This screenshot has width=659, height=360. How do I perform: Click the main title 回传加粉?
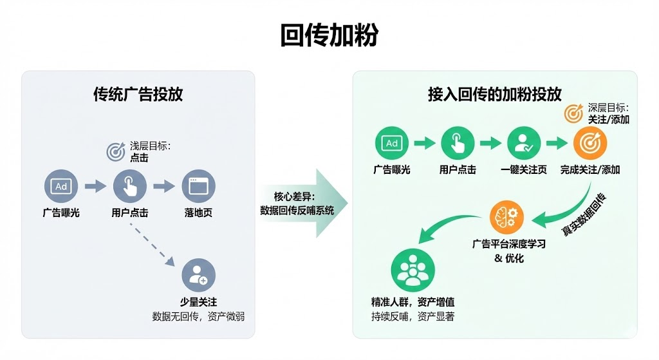tap(329, 35)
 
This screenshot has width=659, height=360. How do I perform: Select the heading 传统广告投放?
tap(138, 94)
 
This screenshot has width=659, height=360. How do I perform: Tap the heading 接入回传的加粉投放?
tap(494, 94)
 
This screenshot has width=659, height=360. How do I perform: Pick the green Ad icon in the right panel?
tap(392, 144)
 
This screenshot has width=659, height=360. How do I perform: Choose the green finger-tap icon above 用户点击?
tap(458, 144)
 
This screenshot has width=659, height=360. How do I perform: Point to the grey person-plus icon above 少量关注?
tap(198, 275)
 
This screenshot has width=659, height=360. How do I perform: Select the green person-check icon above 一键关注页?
tap(524, 144)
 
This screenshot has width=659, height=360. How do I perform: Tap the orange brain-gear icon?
tap(507, 218)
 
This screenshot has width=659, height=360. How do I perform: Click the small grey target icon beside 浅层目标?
tap(116, 151)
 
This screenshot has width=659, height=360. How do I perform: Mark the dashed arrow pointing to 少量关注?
tap(152, 245)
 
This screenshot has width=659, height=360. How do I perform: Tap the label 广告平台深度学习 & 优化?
tap(509, 251)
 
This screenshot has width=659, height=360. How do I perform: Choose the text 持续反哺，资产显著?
tap(413, 316)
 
